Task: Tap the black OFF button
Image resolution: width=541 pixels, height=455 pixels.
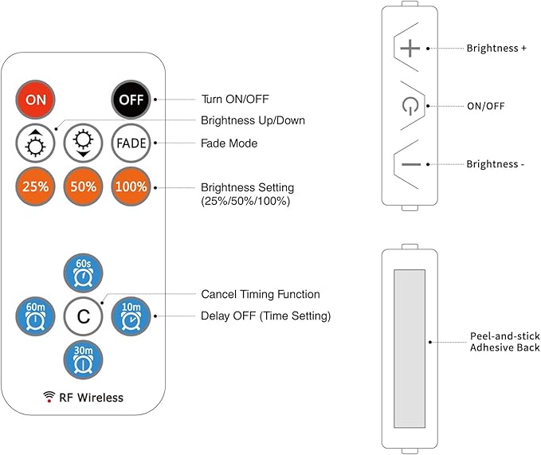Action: click(131, 100)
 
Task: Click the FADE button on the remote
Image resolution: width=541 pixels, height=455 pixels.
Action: click(131, 143)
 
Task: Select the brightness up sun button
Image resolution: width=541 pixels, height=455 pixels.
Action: click(35, 143)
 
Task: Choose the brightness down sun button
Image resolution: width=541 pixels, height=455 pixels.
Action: click(83, 143)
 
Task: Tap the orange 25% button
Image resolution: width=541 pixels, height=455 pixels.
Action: click(35, 186)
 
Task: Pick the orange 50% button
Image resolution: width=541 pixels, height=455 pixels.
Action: click(83, 186)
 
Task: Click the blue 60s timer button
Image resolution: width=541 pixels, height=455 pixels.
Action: click(83, 273)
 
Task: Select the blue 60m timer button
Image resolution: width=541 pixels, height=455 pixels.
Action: click(35, 316)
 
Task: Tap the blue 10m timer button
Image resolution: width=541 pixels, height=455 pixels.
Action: click(131, 316)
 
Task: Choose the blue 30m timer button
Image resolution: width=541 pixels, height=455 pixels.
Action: click(83, 360)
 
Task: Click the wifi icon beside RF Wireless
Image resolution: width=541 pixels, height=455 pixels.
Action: click(49, 397)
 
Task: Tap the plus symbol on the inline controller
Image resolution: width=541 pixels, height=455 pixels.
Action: click(410, 49)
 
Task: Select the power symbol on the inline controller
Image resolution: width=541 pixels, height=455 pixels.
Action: click(410, 106)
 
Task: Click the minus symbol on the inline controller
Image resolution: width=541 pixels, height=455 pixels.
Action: click(411, 164)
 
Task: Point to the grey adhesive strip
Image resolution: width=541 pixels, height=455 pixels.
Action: click(410, 349)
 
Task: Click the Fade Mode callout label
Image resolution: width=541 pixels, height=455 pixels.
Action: click(229, 143)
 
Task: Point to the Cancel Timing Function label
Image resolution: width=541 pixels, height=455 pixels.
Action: click(261, 294)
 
